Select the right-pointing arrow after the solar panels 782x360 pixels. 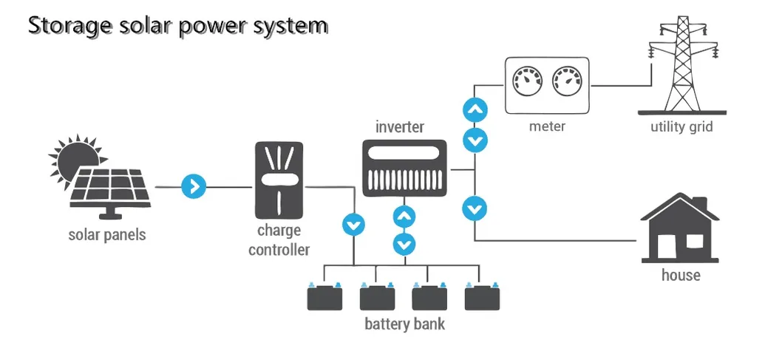click(194, 186)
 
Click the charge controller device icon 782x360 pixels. click(279, 180)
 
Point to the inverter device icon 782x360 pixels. click(404, 169)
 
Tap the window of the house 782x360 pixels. click(695, 240)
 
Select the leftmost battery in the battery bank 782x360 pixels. click(324, 297)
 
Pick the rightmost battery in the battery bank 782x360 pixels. click(483, 297)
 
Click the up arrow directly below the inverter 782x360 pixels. click(404, 217)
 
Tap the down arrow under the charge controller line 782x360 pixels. click(354, 223)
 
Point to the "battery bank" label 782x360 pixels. click(405, 324)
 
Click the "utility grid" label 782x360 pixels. click(681, 126)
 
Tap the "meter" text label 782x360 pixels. click(547, 126)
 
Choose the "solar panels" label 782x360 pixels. click(107, 235)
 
